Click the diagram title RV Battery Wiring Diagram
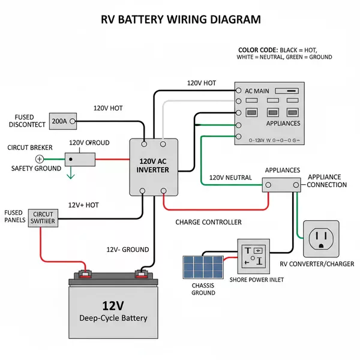(x=180, y=19)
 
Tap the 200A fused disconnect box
(x=59, y=121)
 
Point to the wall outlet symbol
(x=321, y=238)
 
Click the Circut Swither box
(x=43, y=218)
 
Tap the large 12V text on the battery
(x=113, y=306)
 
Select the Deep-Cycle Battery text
(x=113, y=318)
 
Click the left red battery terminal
(x=85, y=275)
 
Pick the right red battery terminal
(x=142, y=275)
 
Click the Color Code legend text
(x=285, y=53)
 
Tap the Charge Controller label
(x=208, y=222)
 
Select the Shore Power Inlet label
(x=256, y=280)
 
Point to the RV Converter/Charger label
(x=317, y=264)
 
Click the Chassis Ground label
(x=203, y=289)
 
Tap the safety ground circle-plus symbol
(x=40, y=159)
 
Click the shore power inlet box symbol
(x=256, y=257)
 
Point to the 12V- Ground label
(x=127, y=250)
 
